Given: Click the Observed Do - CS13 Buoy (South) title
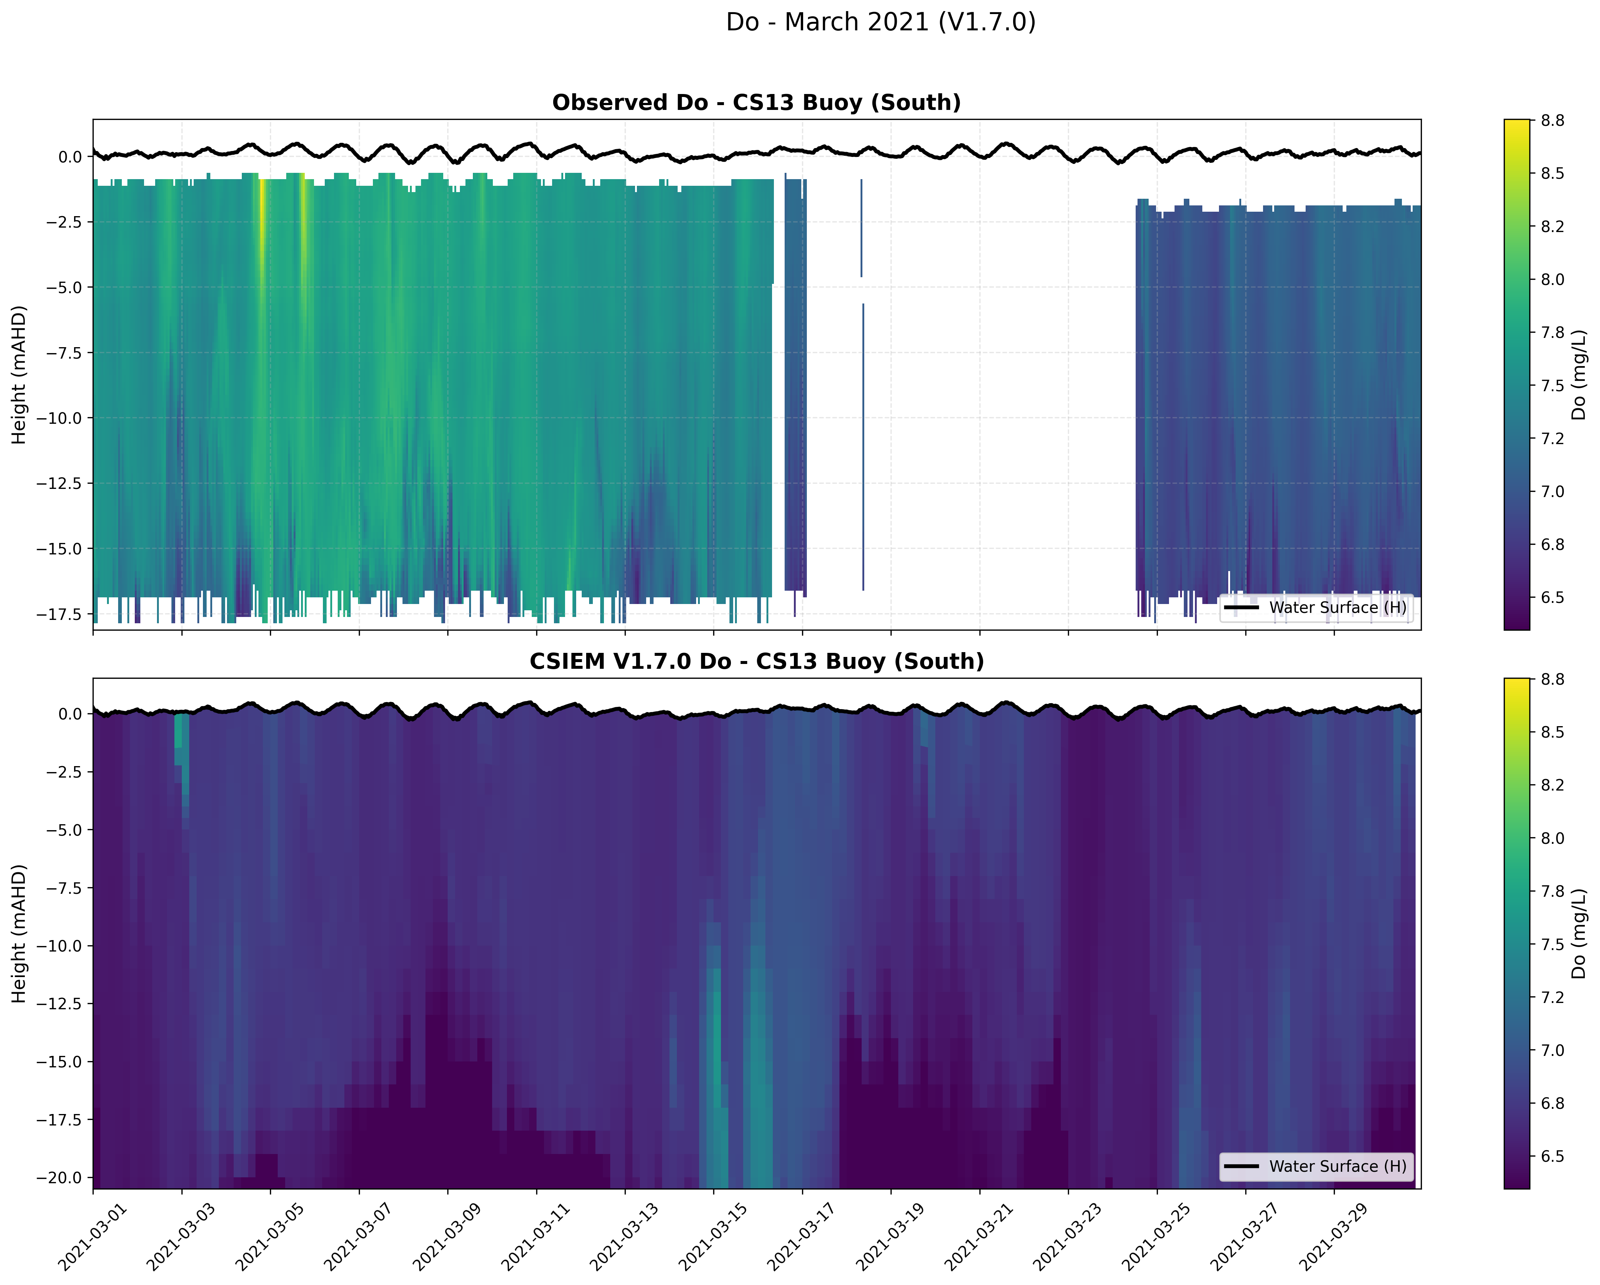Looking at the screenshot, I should click(756, 103).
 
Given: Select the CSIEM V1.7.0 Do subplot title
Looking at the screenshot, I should click(756, 661).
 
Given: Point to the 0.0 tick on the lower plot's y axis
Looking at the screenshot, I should click(70, 714).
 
